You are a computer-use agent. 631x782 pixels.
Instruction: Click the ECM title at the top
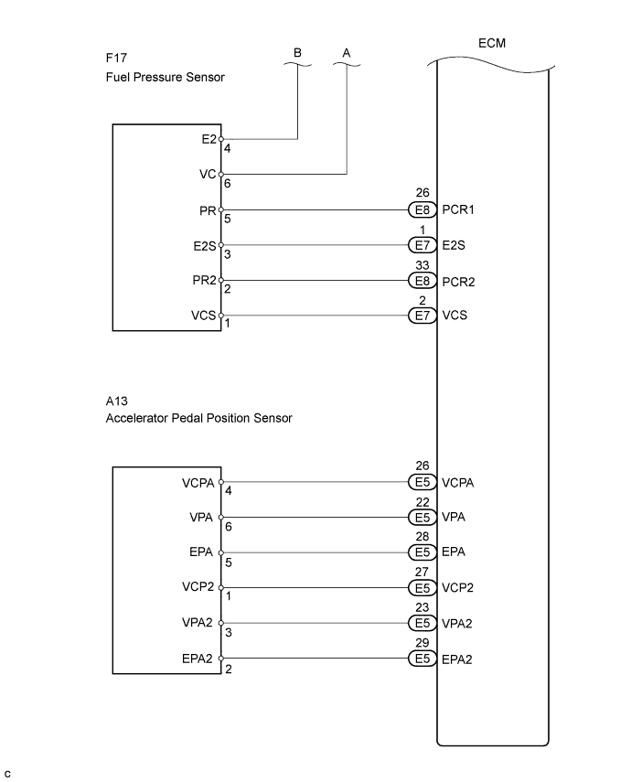point(492,44)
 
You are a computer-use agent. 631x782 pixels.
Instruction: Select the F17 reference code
point(115,58)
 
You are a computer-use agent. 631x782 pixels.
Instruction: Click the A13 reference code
point(115,400)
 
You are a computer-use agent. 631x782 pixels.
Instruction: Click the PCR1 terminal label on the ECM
point(459,209)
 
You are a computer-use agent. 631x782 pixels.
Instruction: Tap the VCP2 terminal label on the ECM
point(459,588)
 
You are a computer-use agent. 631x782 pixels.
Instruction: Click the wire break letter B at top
point(297,53)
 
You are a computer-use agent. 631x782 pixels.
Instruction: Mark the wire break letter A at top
point(347,53)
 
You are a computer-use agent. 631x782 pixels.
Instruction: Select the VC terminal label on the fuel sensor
point(207,174)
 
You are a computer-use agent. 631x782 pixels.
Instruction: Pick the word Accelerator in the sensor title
point(140,418)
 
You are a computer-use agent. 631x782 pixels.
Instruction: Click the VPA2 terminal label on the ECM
point(459,624)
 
